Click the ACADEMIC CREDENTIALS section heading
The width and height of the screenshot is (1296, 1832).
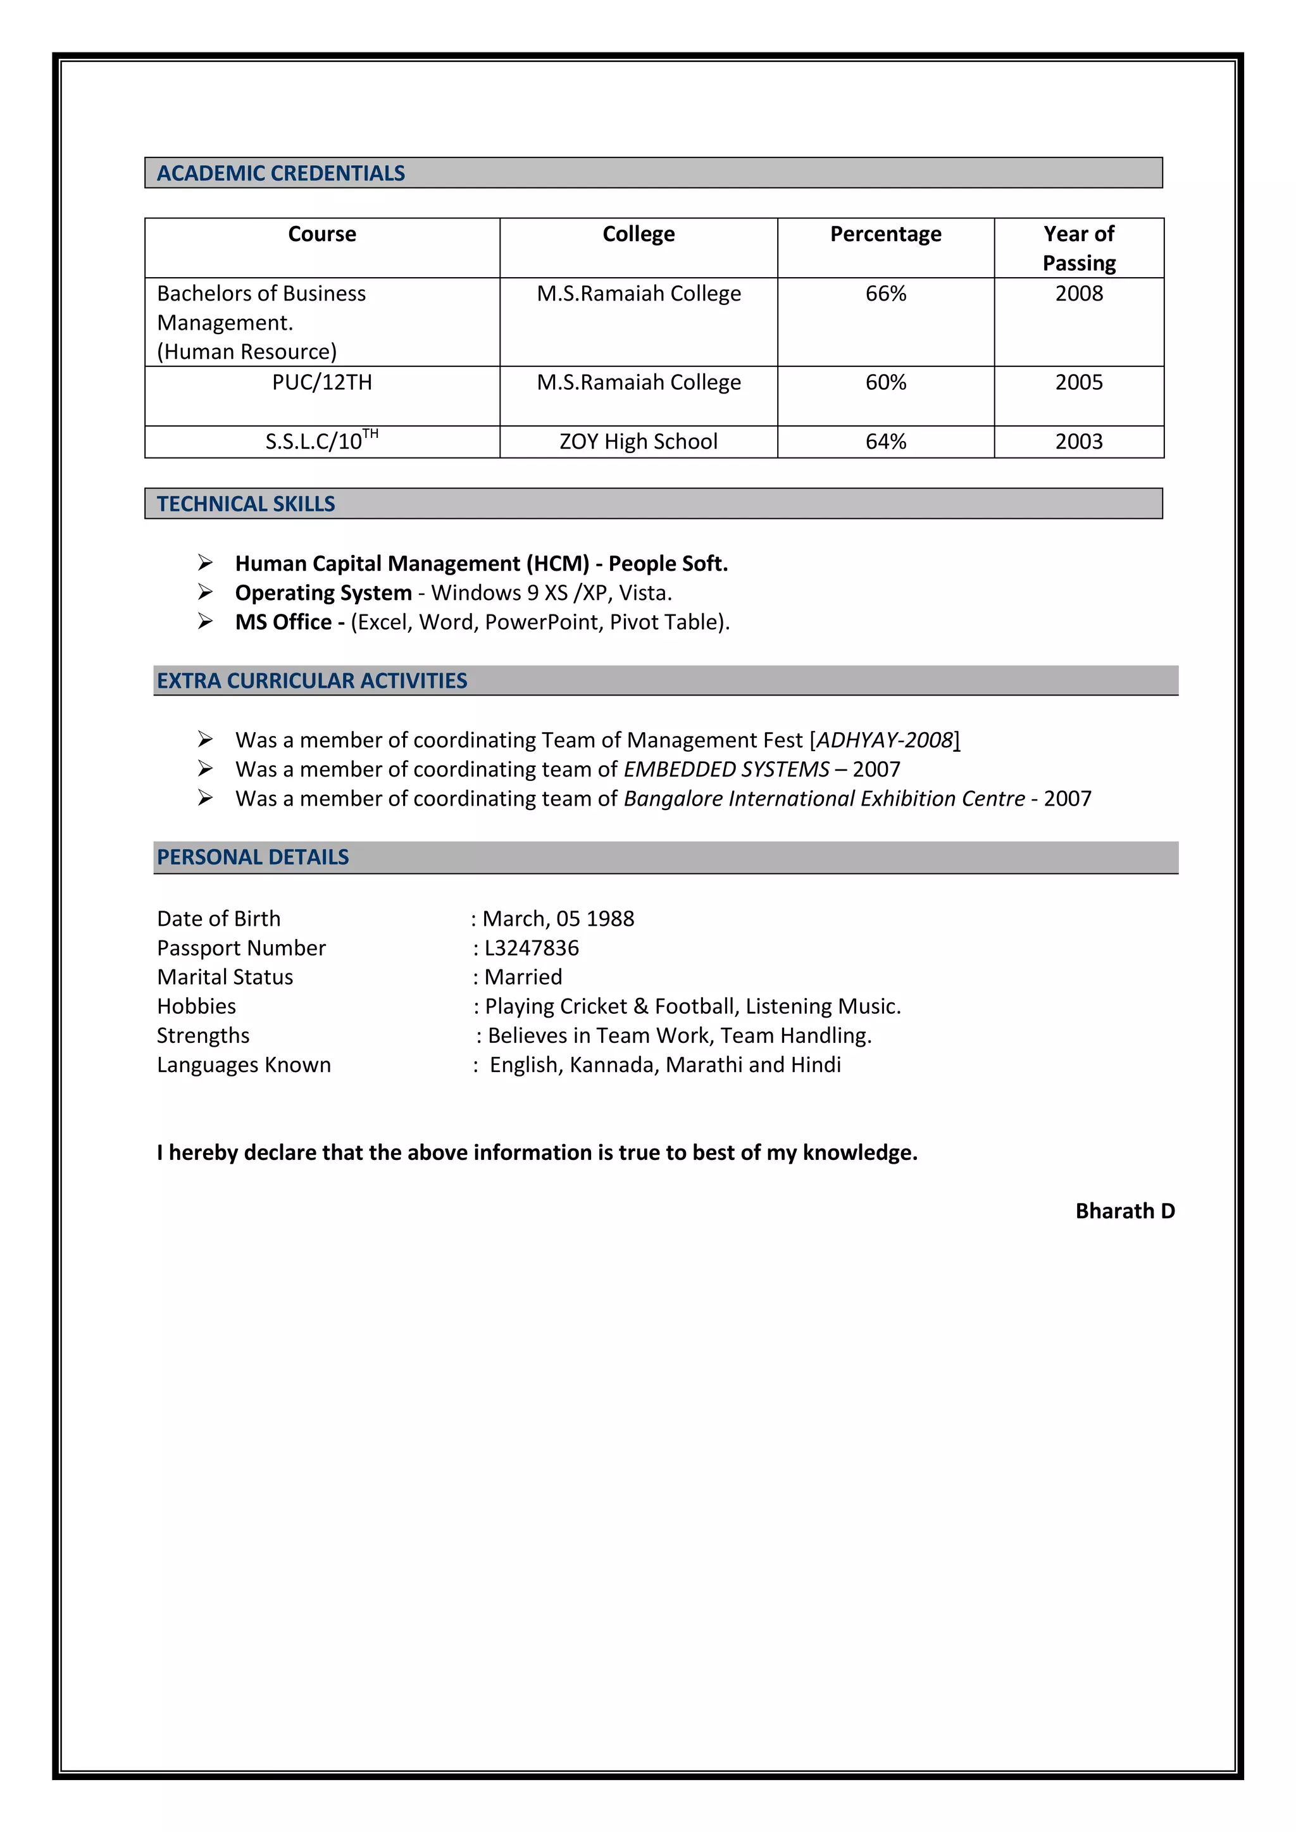(x=281, y=173)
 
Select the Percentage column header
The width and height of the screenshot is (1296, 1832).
(x=885, y=235)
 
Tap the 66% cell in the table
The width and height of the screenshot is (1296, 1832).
(x=885, y=294)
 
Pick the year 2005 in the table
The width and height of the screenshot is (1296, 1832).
(x=1078, y=382)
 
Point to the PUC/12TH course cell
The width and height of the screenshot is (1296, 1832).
(x=321, y=382)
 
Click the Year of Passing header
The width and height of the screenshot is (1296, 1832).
(x=1078, y=248)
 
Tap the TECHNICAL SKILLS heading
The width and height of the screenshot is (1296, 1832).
(x=246, y=504)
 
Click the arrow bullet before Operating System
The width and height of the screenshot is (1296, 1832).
(x=205, y=592)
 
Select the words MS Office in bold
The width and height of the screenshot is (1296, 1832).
(x=283, y=622)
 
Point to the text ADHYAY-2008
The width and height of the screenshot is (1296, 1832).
(x=884, y=740)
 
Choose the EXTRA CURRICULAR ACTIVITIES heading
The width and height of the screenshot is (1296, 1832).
(x=312, y=682)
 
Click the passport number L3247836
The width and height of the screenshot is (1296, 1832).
(x=532, y=948)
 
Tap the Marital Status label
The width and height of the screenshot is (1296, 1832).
(x=225, y=978)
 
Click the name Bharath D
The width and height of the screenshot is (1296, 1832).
(x=1125, y=1211)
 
